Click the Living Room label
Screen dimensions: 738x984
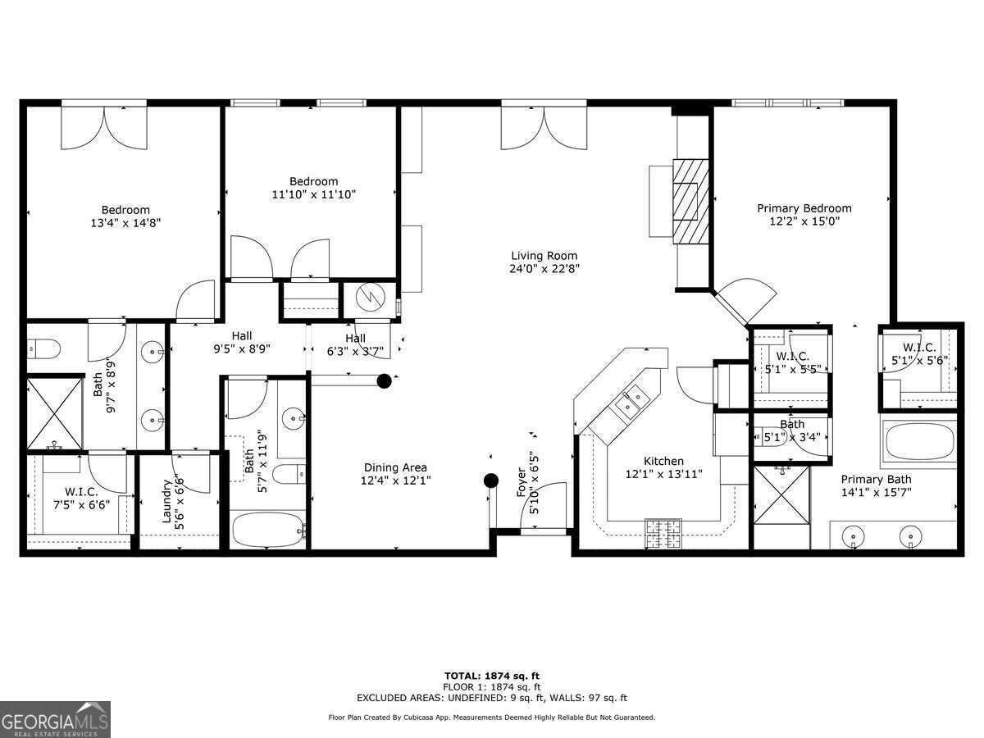544,256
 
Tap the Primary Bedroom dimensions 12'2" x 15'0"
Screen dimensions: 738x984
804,221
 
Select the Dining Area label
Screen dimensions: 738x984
395,467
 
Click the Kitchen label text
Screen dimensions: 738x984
663,461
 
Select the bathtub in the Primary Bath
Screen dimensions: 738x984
919,441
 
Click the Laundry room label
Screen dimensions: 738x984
167,501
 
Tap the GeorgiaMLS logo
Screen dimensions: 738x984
55,719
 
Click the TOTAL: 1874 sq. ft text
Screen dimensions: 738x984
491,676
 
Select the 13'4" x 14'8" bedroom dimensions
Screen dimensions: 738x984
125,222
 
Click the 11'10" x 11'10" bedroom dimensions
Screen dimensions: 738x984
313,194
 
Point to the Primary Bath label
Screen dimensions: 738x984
875,480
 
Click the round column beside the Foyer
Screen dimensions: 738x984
490,481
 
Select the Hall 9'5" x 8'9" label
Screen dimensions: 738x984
241,342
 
